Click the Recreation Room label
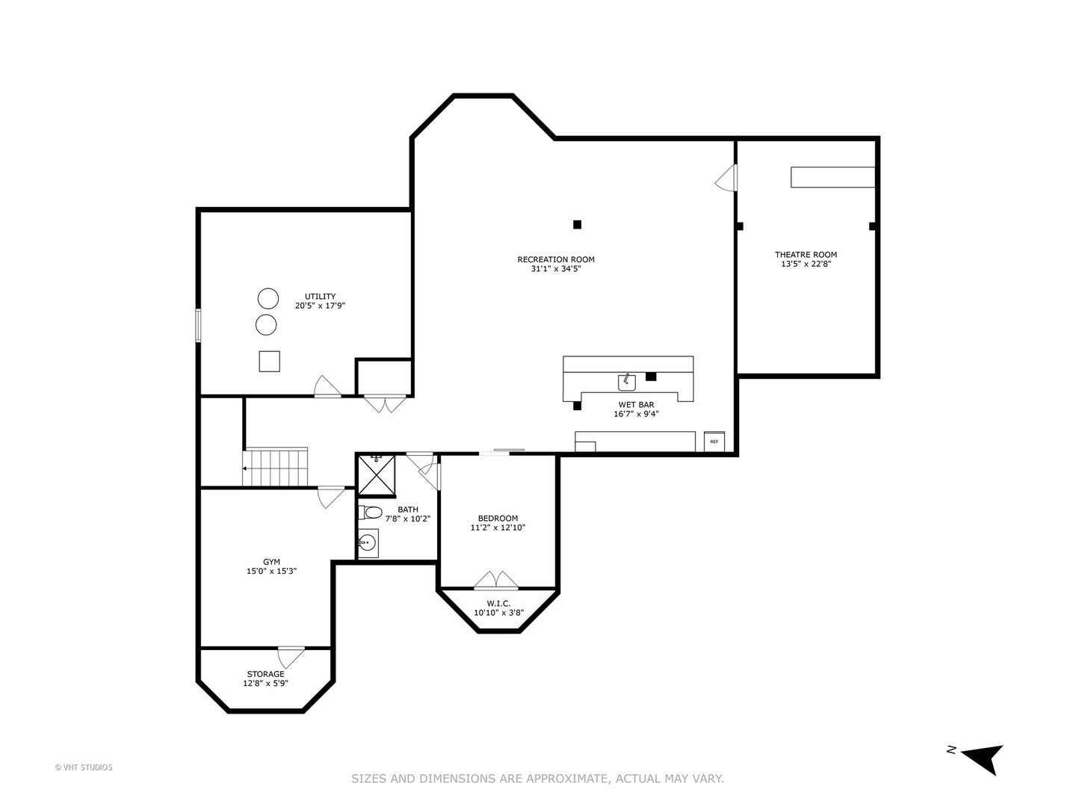(x=556, y=259)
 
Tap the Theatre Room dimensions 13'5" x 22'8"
(x=806, y=264)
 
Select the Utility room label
(x=320, y=296)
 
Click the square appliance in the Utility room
(x=269, y=361)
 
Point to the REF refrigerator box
(x=714, y=442)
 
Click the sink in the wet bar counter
(x=626, y=383)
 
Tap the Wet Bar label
(x=636, y=404)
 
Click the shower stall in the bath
(x=376, y=475)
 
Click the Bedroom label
(x=498, y=518)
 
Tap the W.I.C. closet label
(x=498, y=603)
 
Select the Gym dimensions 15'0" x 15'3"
(x=272, y=571)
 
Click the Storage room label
(x=265, y=674)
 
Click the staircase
(x=276, y=468)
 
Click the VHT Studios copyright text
(x=84, y=767)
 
